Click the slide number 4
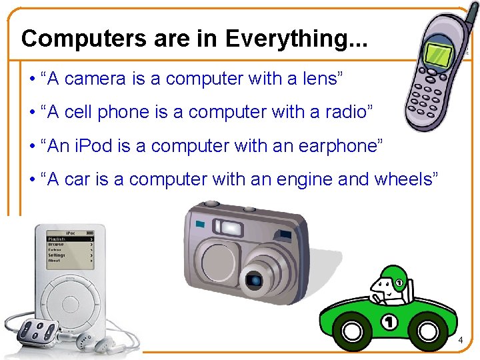pos(460,341)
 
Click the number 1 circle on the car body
pos(391,323)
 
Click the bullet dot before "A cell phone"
pos(32,112)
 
